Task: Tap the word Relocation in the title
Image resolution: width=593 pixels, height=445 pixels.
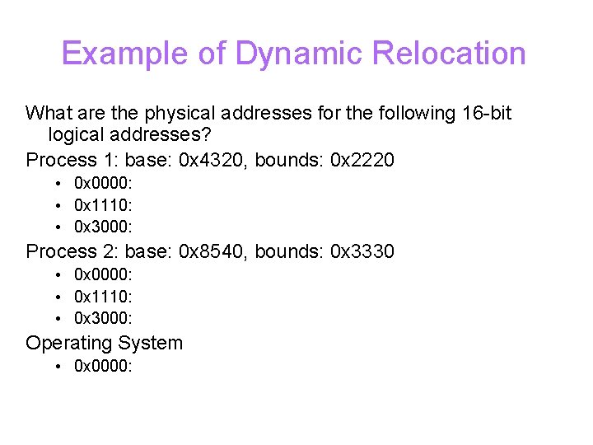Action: point(449,54)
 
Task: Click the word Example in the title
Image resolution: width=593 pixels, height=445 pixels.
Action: point(125,54)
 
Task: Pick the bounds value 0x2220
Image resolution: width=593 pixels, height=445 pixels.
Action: point(362,159)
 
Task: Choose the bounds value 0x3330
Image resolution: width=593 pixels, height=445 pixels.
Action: point(362,251)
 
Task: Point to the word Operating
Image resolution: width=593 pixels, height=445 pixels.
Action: point(68,343)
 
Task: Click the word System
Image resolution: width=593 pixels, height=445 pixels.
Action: point(150,343)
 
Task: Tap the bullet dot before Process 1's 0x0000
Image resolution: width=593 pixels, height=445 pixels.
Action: point(58,182)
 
